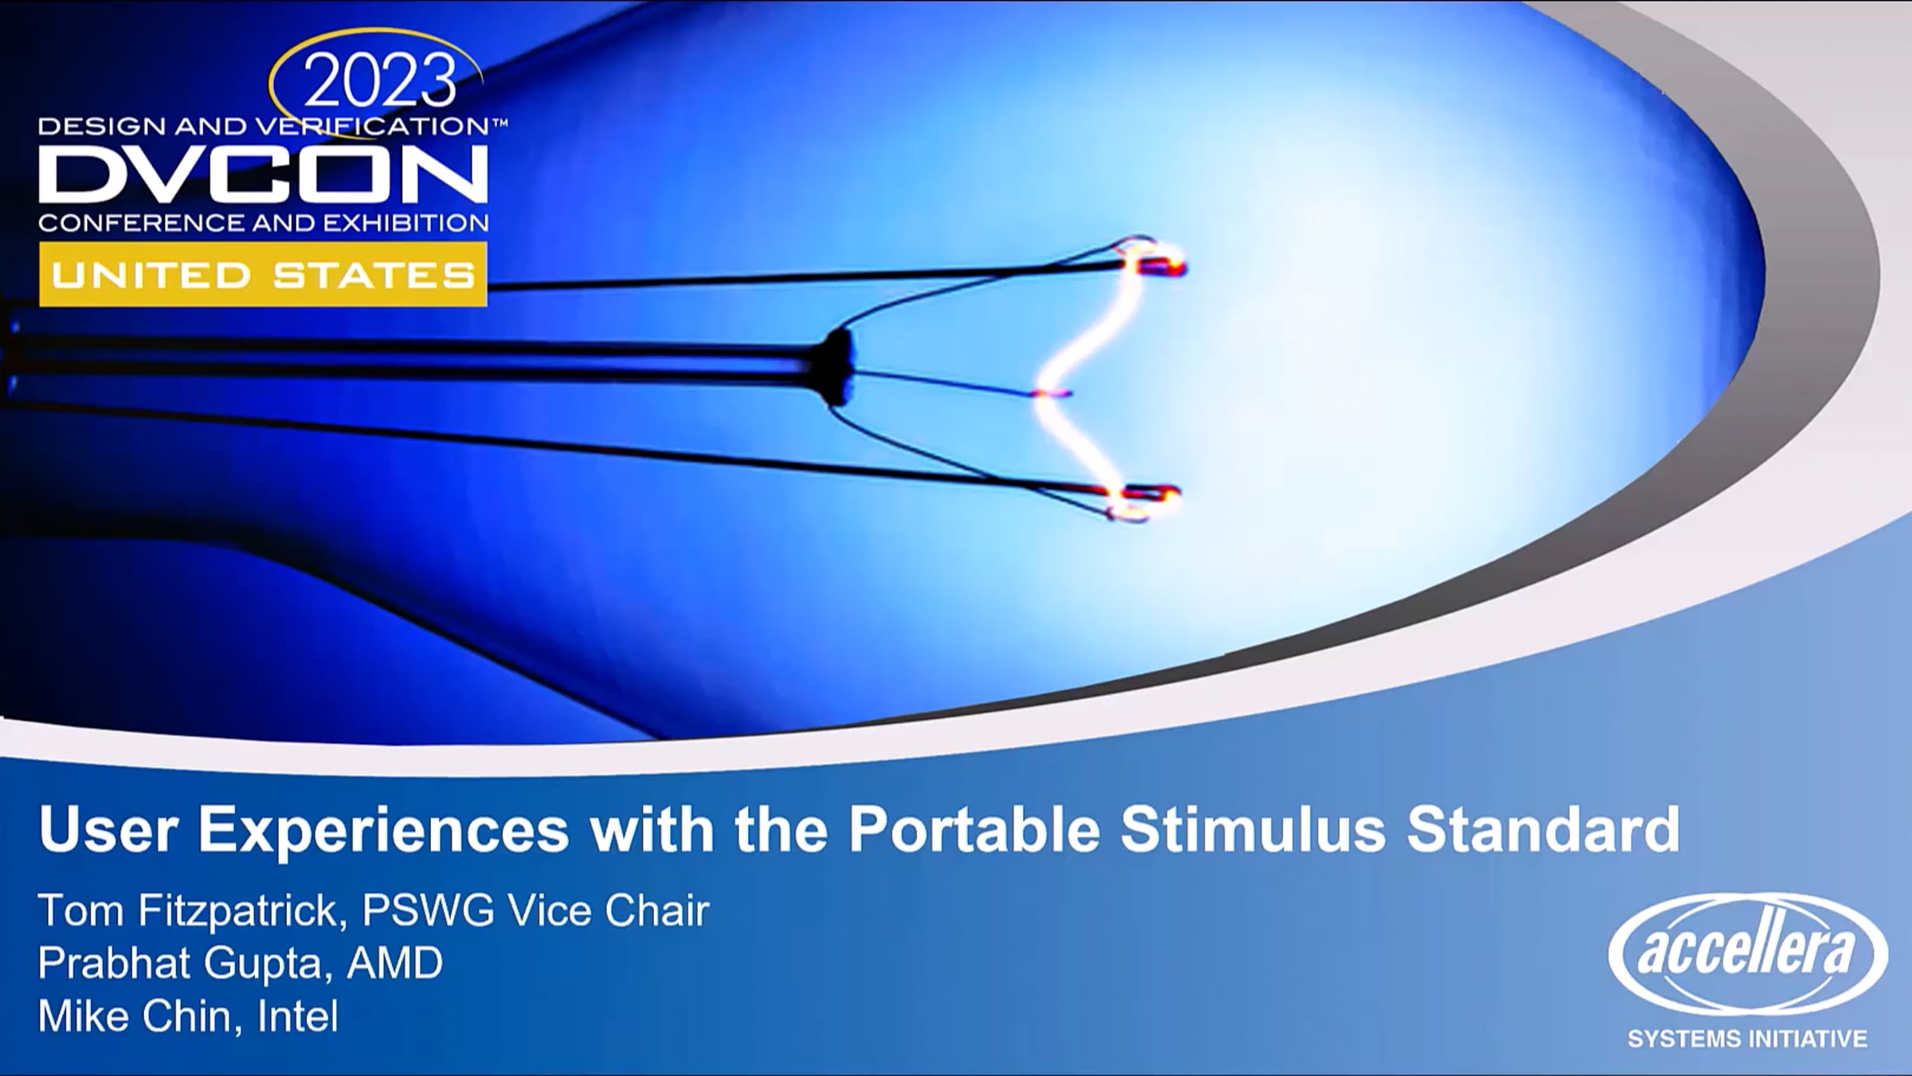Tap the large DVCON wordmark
tap(264, 174)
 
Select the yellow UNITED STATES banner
tap(263, 275)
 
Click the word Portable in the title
tap(974, 830)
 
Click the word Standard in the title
tap(1544, 830)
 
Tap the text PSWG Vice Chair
tap(536, 910)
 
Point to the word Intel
tap(298, 1016)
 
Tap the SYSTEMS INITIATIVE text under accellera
tap(1747, 1039)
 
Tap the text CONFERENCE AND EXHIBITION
tap(264, 222)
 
